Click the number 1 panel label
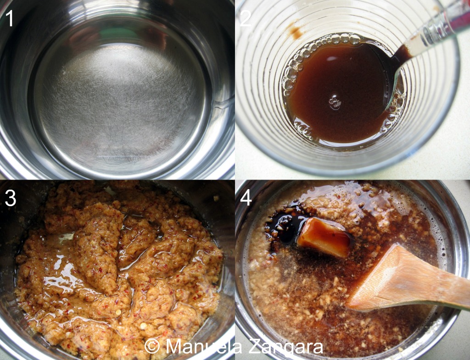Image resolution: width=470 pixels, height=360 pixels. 10,18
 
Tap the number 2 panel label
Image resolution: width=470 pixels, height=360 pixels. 245,18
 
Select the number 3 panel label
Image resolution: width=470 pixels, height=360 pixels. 10,198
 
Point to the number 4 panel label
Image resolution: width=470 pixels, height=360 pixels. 246,198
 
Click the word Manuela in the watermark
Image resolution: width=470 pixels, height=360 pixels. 204,347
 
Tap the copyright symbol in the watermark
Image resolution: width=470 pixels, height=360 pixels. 152,347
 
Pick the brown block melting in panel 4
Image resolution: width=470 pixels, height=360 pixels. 324,237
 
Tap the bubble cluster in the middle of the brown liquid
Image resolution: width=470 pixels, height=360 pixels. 335,102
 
